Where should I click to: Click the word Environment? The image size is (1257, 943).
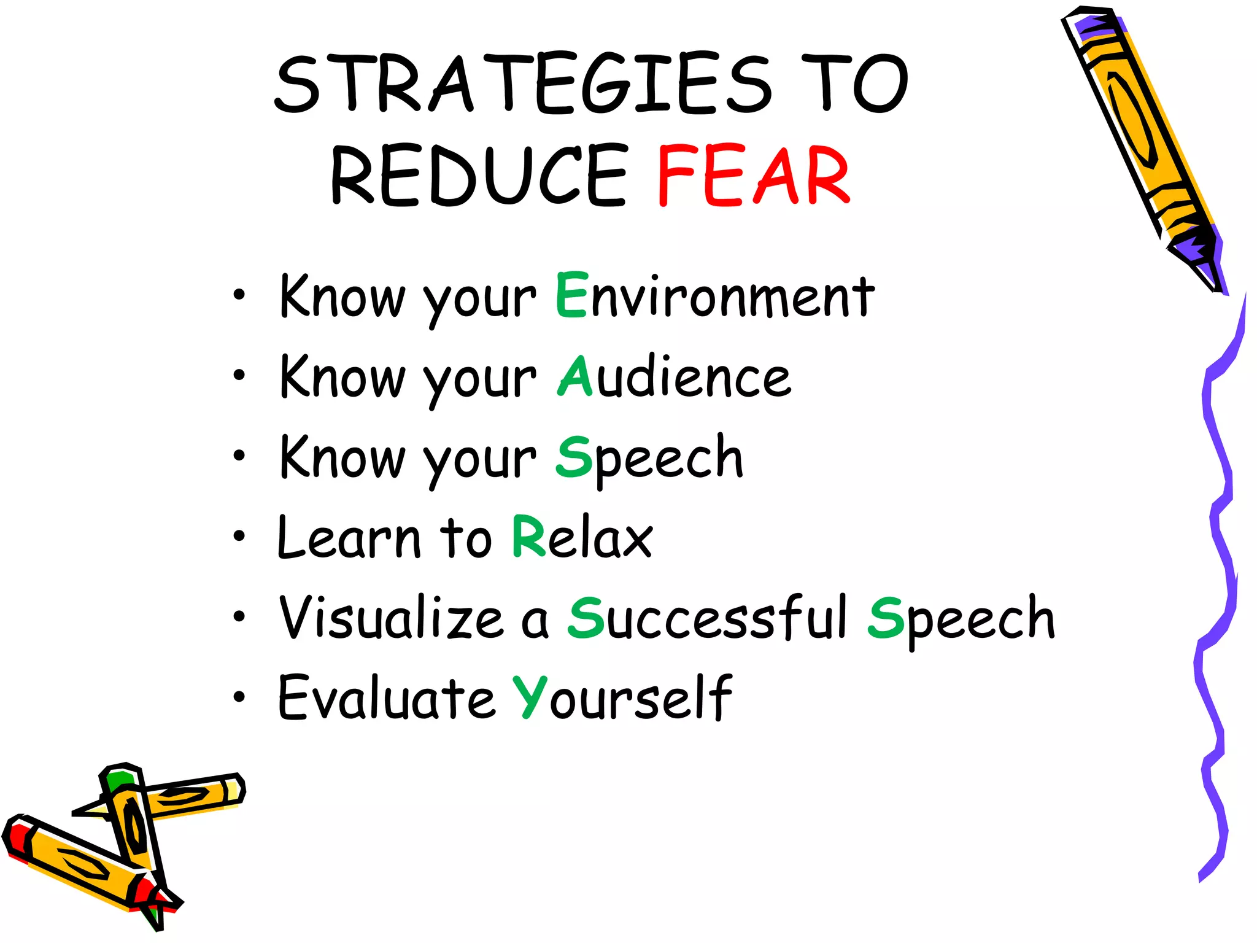coord(715,296)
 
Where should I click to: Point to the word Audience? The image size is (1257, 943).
coord(675,376)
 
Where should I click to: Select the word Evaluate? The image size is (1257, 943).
coord(387,698)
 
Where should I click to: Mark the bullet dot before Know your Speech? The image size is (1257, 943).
coord(239,456)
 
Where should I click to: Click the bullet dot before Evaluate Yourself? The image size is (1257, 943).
coord(239,697)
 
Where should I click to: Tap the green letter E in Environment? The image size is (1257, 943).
coord(572,295)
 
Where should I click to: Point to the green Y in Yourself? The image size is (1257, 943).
coord(530,697)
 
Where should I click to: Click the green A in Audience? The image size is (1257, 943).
coord(575,376)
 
